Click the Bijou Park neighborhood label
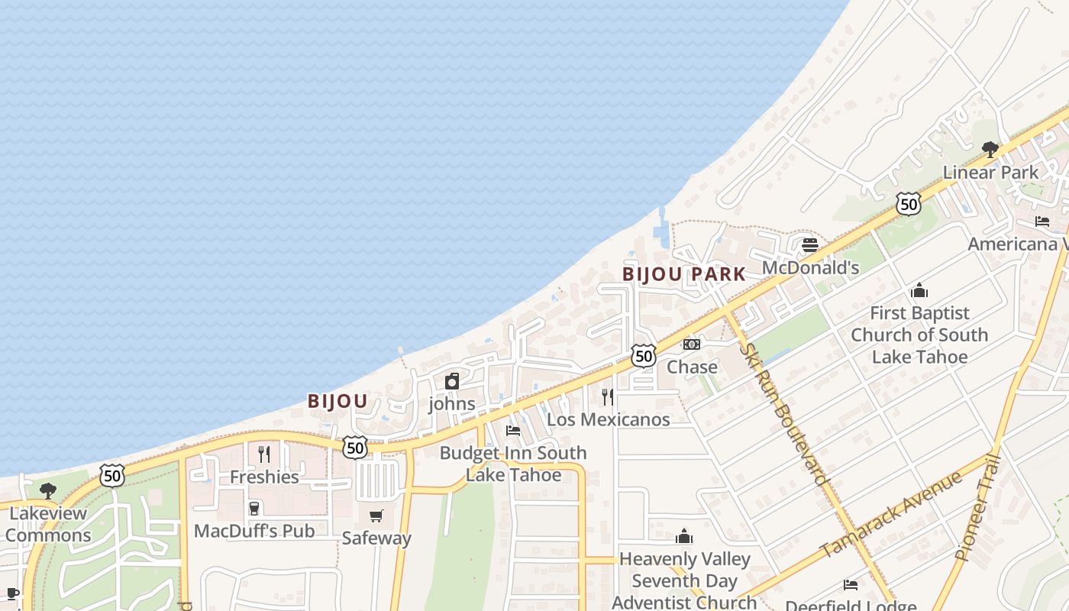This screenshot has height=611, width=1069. point(683,274)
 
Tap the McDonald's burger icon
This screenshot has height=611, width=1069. point(810,245)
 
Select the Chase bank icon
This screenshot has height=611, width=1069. point(692,344)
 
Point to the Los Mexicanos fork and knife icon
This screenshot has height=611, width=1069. point(608,396)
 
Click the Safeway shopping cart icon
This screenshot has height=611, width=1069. point(376,516)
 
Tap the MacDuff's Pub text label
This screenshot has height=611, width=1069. point(254,531)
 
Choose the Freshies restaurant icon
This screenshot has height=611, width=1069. point(264,454)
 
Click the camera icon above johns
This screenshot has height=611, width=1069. point(452,381)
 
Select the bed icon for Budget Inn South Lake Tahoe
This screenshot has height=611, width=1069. point(513,431)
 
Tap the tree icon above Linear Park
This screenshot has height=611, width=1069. point(990,149)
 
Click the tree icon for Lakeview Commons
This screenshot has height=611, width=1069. point(48,490)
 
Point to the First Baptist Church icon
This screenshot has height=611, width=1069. point(919,291)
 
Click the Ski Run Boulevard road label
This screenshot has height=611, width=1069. point(783,412)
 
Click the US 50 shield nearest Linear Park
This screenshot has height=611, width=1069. point(908,204)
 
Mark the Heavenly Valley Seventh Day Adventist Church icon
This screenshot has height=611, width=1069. point(684,537)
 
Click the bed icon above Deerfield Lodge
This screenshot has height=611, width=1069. point(851,585)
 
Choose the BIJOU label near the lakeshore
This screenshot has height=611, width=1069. point(337,401)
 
